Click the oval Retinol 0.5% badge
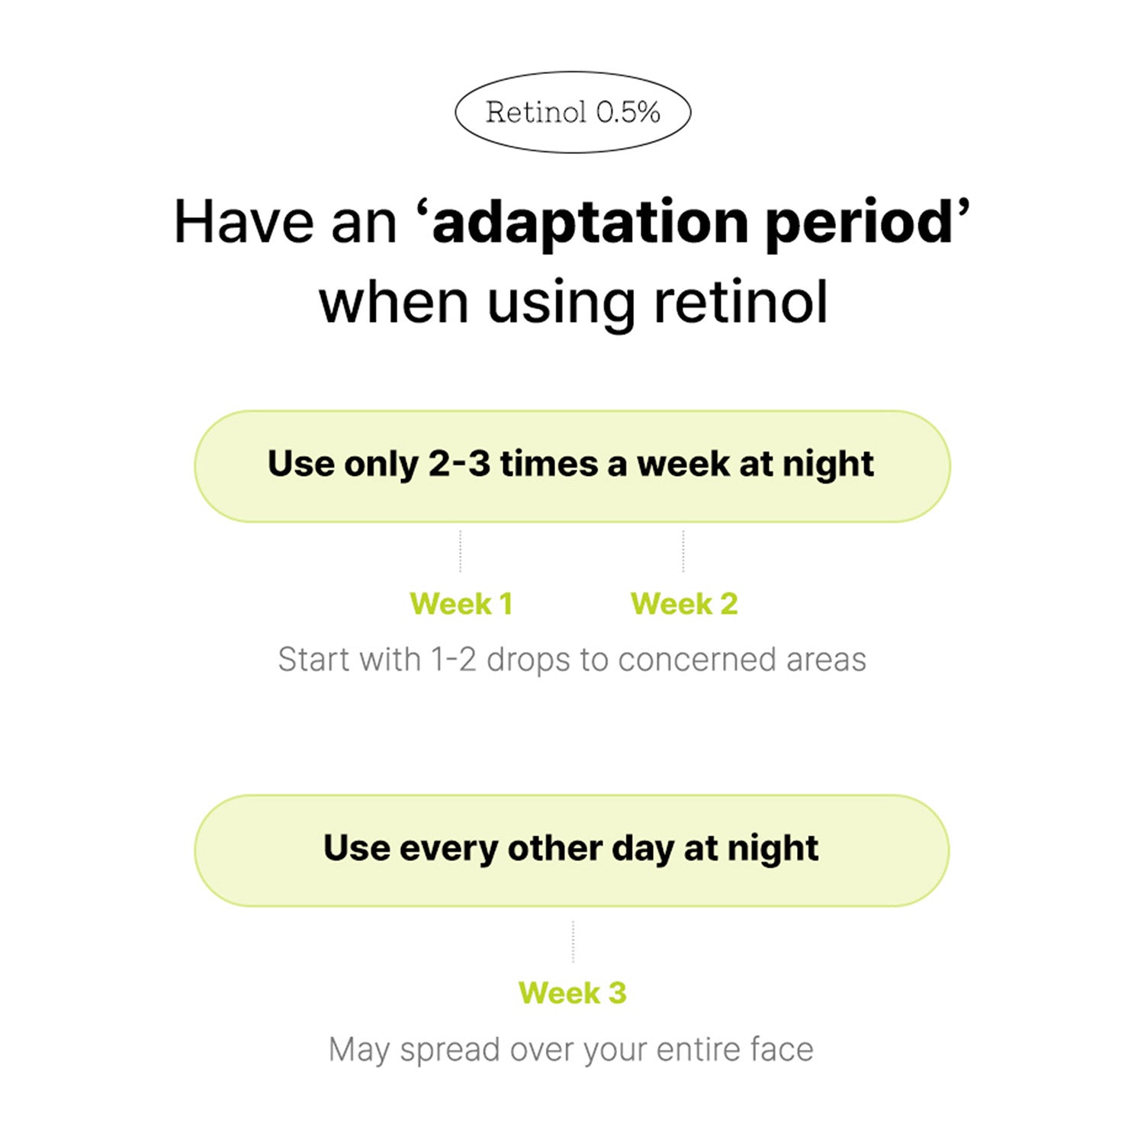pos(573,112)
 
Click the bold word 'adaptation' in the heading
pos(590,222)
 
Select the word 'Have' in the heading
pos(244,223)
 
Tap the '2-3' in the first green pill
pos(459,464)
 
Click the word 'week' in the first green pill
pos(683,464)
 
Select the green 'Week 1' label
pos(461,604)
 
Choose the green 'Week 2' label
pos(684,604)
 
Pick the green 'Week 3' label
pos(572,993)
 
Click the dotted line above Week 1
pos(461,551)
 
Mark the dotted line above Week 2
pos(683,551)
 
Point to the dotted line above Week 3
pos(573,941)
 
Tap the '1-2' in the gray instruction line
pos(454,660)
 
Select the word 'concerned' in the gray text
pos(697,660)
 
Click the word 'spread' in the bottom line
pos(450,1051)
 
